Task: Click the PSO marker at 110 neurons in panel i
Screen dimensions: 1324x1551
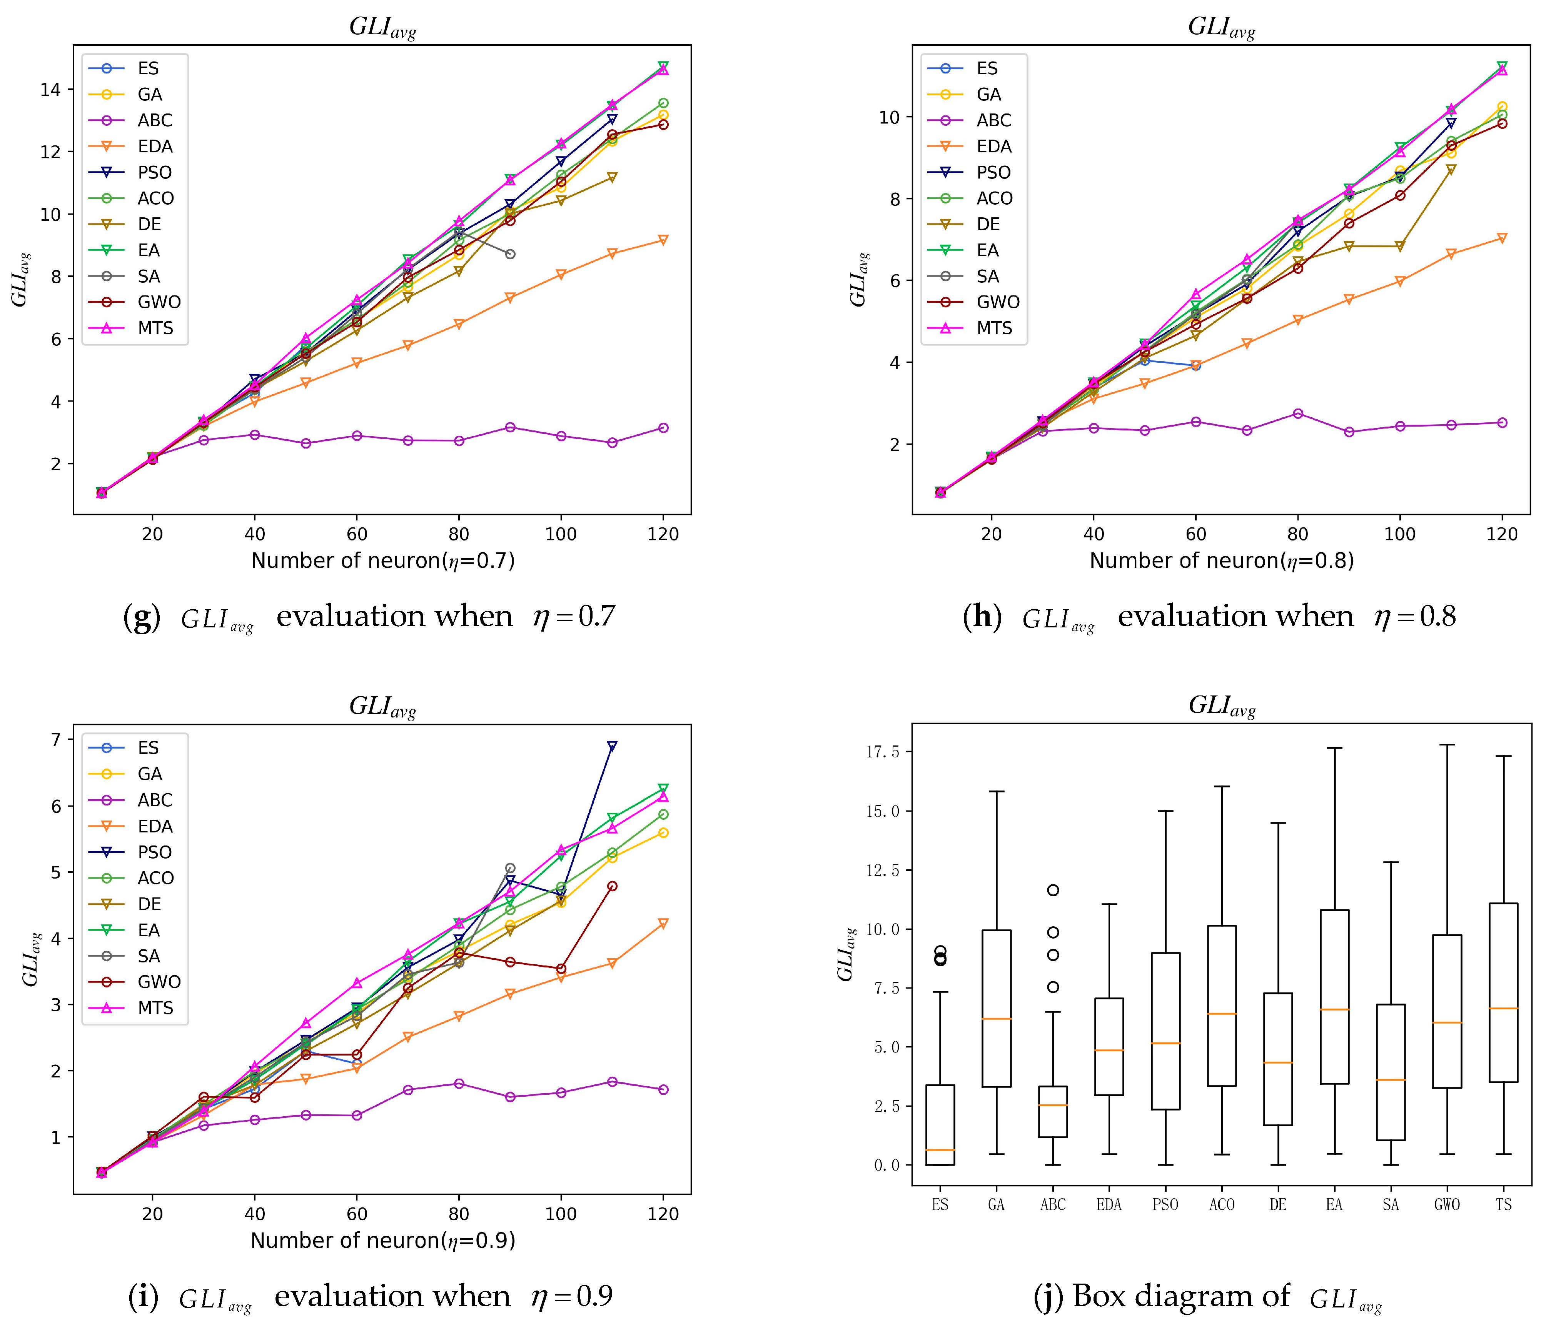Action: tap(611, 746)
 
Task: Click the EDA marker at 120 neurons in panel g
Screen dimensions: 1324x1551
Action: tap(663, 240)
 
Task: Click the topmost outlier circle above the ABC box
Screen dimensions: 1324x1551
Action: tap(1052, 890)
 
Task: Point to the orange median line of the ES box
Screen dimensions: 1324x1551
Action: tap(940, 1150)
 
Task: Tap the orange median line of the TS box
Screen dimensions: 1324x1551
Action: tap(1503, 1008)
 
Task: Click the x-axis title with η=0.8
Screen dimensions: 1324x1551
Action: tap(1221, 560)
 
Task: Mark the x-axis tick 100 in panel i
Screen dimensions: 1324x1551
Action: tap(561, 1213)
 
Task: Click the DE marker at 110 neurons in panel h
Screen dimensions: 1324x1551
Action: tap(1451, 170)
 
